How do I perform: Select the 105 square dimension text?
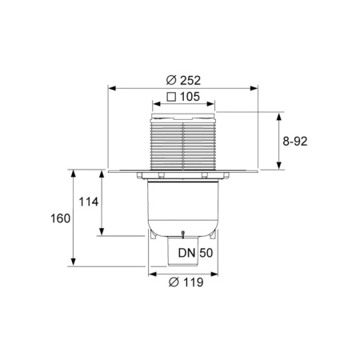click(x=189, y=98)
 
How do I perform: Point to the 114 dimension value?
click(x=89, y=202)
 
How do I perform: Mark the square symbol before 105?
click(x=171, y=98)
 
